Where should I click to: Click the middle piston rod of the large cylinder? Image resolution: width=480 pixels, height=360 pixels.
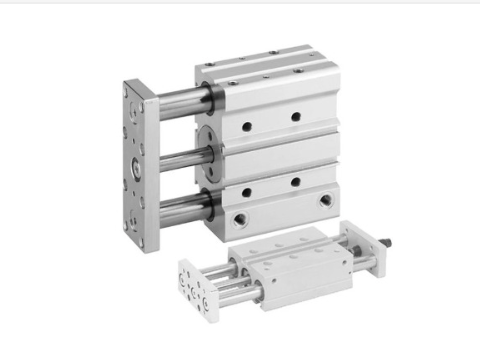(x=180, y=156)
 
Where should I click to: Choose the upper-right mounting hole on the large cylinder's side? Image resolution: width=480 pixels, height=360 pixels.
(x=296, y=117)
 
